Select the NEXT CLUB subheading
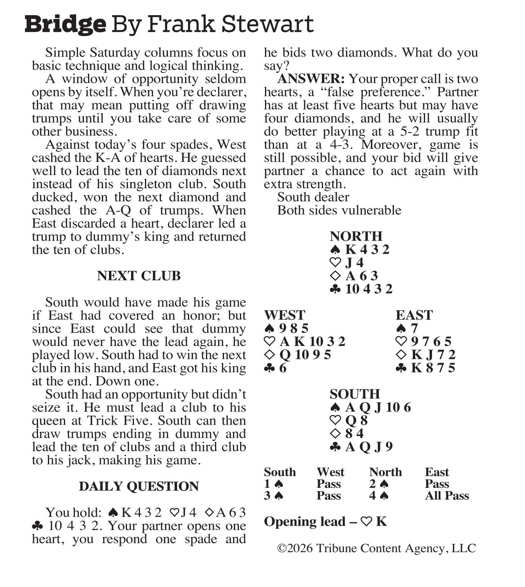tap(139, 276)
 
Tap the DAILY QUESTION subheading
tap(139, 486)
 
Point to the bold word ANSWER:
tap(311, 79)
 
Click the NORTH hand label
tap(356, 236)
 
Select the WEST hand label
tap(285, 315)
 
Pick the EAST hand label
tap(414, 315)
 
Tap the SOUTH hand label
tap(355, 394)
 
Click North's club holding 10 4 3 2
tap(368, 289)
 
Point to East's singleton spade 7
tap(414, 328)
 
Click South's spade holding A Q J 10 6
tap(378, 407)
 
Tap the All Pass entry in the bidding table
tap(447, 496)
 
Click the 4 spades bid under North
tap(379, 496)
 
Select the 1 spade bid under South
tap(274, 484)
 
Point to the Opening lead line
tap(325, 521)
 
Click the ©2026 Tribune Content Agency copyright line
tap(376, 548)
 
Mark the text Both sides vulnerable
tap(339, 210)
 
